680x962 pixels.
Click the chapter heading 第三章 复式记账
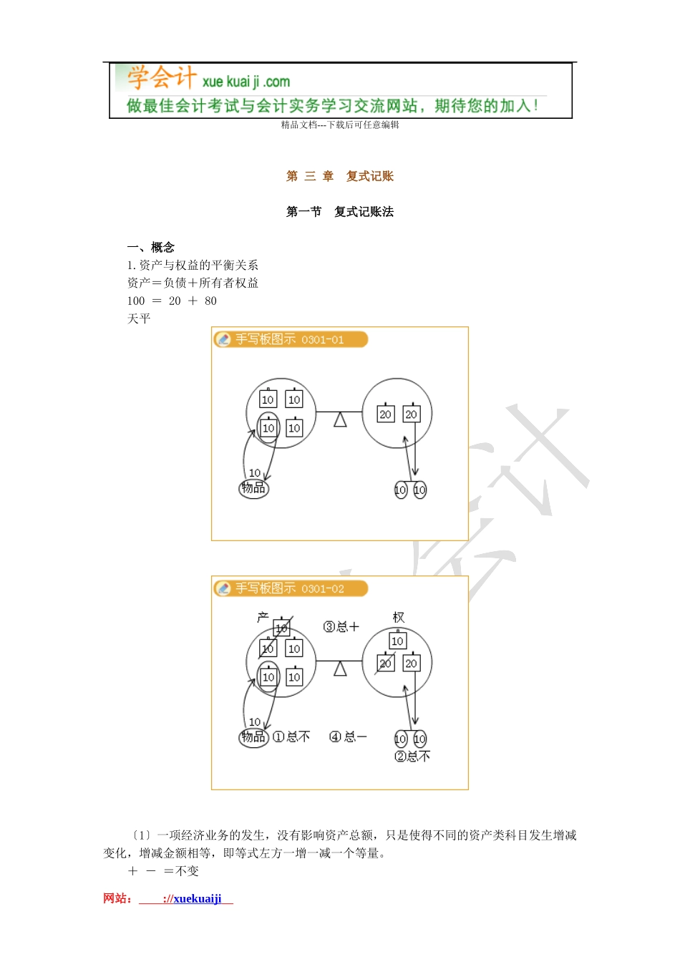tap(339, 176)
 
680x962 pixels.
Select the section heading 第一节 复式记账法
tap(339, 212)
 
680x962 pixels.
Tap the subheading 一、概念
tap(151, 248)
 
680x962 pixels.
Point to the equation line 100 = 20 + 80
tap(172, 301)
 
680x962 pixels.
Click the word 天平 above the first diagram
tap(139, 319)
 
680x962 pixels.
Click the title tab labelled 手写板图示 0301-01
tap(290, 339)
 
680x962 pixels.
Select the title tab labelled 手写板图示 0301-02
tap(290, 588)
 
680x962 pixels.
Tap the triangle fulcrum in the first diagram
tap(340, 419)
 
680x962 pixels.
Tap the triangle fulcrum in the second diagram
tap(340, 669)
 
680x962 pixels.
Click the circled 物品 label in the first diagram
tap(253, 488)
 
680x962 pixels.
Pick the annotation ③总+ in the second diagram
tap(341, 627)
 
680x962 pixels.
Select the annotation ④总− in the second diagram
tap(347, 737)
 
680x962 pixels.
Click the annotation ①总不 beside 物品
tap(291, 737)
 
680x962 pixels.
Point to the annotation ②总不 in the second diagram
tap(412, 757)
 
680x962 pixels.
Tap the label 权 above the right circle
tap(399, 617)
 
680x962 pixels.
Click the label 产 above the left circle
tap(263, 617)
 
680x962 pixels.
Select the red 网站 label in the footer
tap(117, 899)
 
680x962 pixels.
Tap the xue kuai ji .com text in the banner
tap(246, 82)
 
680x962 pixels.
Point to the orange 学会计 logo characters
tap(161, 77)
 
